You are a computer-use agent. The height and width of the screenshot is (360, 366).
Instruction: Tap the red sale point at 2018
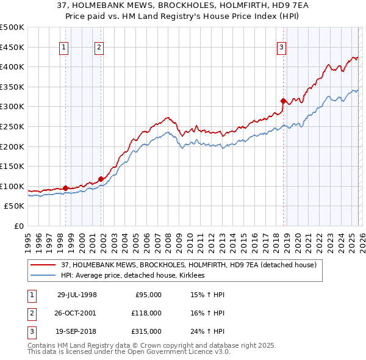click(x=283, y=101)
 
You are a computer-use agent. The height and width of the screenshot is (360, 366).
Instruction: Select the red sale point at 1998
click(x=65, y=188)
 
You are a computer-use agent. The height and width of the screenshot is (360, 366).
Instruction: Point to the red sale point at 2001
click(x=101, y=179)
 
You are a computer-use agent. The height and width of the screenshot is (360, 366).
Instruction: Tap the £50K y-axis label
click(x=15, y=206)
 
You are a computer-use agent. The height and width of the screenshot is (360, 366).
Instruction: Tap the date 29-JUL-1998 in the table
click(x=76, y=295)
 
